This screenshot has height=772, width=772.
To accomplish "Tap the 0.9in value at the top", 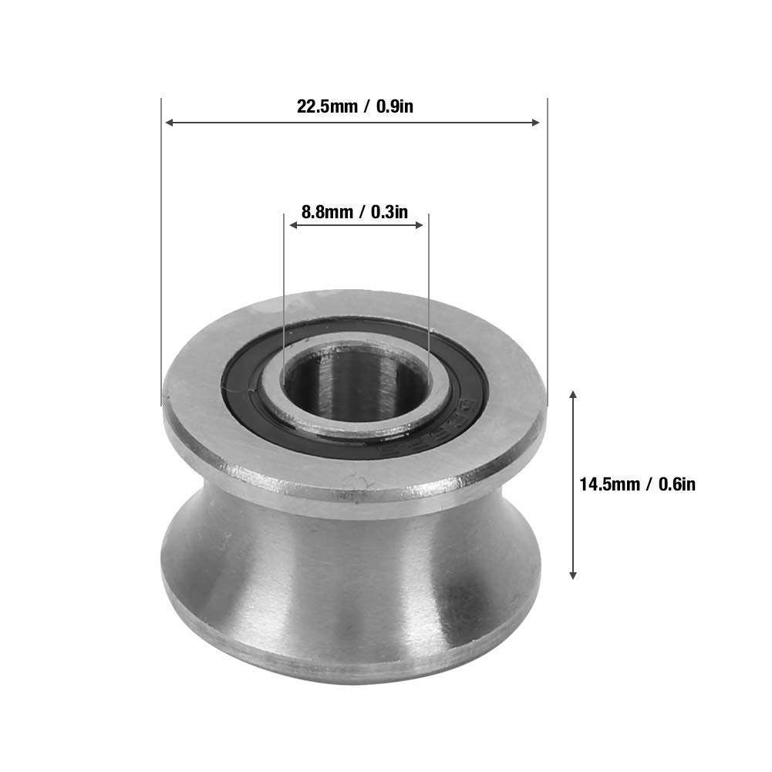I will coord(395,106).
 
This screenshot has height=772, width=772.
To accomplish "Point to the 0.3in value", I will coord(389,212).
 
